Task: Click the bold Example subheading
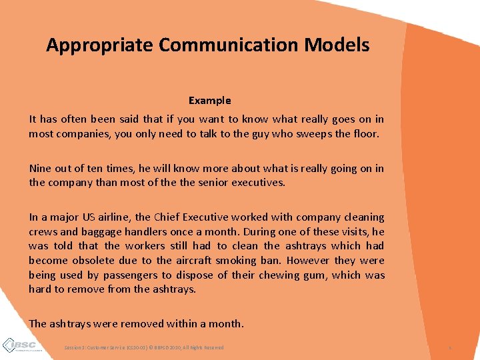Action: pos(209,101)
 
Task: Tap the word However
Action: pos(323,261)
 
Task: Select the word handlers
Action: pos(151,232)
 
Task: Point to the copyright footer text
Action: pos(144,347)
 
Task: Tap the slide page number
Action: pos(450,347)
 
